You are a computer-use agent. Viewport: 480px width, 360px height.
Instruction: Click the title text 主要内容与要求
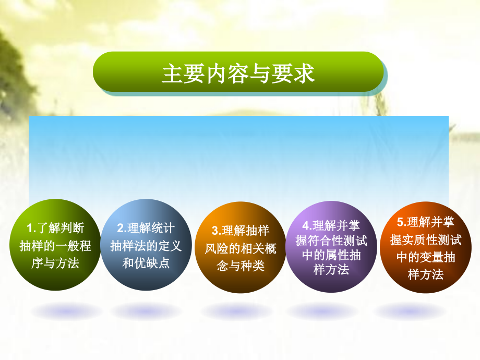[x=238, y=74]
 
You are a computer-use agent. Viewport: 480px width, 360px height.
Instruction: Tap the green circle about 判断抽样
[x=55, y=246]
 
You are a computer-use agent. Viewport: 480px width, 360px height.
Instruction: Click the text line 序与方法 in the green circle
[x=55, y=263]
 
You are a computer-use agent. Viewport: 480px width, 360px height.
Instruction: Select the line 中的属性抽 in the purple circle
[x=331, y=255]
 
